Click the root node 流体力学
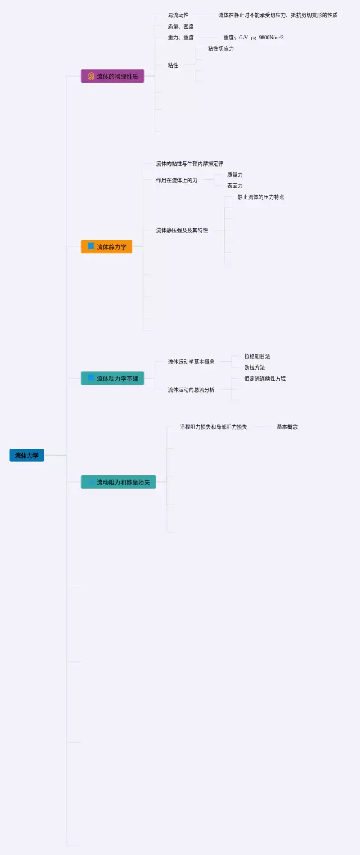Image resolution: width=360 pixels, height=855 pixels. [26, 455]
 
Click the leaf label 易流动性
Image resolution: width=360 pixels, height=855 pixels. [178, 15]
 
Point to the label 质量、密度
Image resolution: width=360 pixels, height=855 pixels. [181, 26]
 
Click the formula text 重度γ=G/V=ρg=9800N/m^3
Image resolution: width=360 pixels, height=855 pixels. [254, 38]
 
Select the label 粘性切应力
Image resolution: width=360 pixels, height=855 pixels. [220, 49]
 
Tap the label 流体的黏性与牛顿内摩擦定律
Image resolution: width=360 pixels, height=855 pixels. [190, 164]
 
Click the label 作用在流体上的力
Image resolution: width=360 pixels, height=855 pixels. [177, 180]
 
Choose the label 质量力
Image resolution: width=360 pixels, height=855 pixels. [235, 175]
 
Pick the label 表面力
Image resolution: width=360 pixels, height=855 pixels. [235, 186]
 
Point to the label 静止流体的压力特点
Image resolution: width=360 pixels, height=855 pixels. [260, 197]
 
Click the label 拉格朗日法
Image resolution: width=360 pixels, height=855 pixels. [257, 357]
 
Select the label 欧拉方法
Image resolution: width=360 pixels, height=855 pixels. [254, 367]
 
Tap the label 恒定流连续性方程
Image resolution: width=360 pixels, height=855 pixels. [265, 379]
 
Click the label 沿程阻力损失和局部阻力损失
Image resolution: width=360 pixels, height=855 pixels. [213, 427]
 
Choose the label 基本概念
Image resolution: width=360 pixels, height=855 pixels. [287, 427]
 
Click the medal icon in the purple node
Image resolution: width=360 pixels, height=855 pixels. [91, 76]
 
